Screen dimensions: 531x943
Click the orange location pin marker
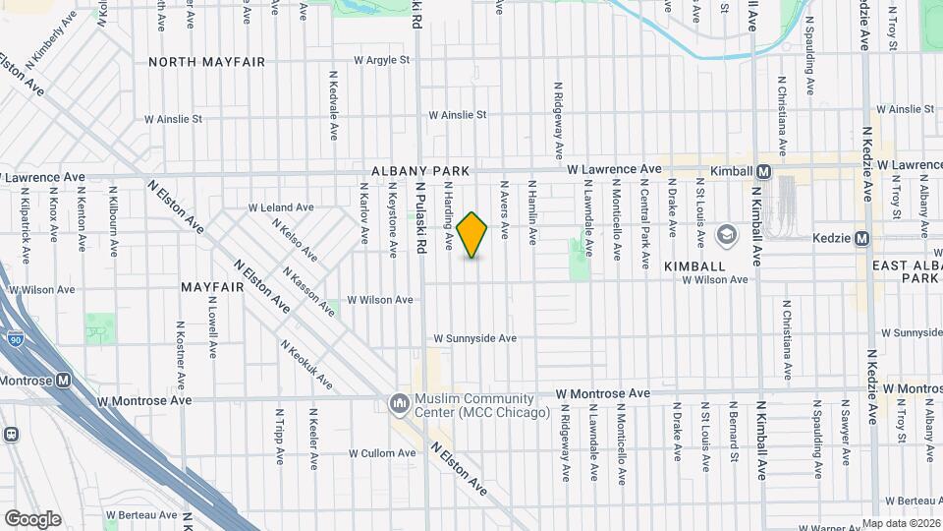click(472, 235)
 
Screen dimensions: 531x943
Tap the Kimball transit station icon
click(764, 170)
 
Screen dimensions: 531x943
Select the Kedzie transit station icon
click(861, 238)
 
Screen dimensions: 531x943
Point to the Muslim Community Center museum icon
click(400, 404)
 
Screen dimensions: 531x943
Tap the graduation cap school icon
click(727, 234)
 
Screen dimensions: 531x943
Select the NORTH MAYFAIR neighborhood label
click(206, 62)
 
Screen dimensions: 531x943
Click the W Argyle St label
click(381, 60)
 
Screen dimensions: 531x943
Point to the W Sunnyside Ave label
click(475, 338)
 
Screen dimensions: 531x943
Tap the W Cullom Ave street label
click(382, 453)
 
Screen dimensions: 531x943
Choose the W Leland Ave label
click(281, 207)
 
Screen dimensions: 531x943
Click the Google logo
click(32, 518)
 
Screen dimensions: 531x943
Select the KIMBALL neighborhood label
click(694, 266)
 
